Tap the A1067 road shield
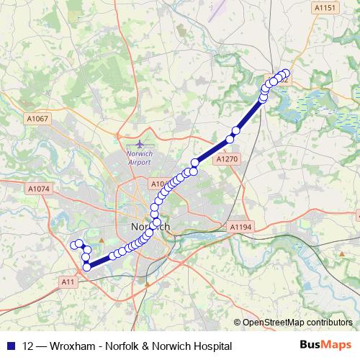point(39,119)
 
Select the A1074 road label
point(39,189)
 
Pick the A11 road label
point(68,281)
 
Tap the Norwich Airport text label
point(140,158)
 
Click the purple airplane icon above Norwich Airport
point(139,144)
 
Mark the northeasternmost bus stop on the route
point(285,73)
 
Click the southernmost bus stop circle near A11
point(87,267)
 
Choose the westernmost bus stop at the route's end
point(73,245)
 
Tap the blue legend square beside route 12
point(10,346)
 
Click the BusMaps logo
point(325,346)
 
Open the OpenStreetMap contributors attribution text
point(297,323)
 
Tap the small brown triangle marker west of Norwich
point(101,240)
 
